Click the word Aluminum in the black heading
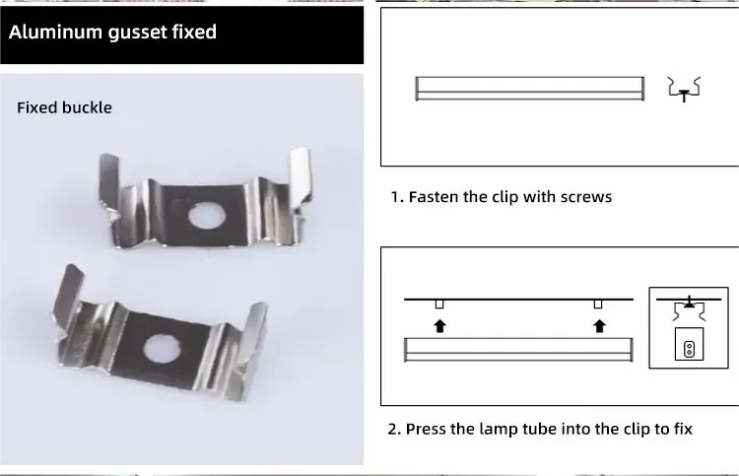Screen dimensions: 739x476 pos(55,33)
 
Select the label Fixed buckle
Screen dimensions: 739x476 pos(65,108)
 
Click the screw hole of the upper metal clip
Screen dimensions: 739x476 pos(207,216)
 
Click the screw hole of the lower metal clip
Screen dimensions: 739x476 pos(163,349)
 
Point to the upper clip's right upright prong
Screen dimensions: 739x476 pos(301,178)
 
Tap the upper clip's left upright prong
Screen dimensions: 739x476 pos(109,180)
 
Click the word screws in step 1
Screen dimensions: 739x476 pos(586,197)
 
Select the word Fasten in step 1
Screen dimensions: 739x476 pos(434,196)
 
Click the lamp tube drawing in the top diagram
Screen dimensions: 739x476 pos(530,89)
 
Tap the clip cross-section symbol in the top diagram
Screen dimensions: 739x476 pos(685,90)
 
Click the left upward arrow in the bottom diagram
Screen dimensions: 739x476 pos(439,326)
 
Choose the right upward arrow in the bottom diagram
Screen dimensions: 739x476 pos(599,326)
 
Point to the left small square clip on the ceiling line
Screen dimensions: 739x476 pos(439,305)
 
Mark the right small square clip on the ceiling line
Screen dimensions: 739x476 pos(598,305)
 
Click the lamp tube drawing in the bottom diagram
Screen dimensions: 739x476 pos(518,350)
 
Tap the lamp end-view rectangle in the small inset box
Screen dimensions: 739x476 pos(689,344)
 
